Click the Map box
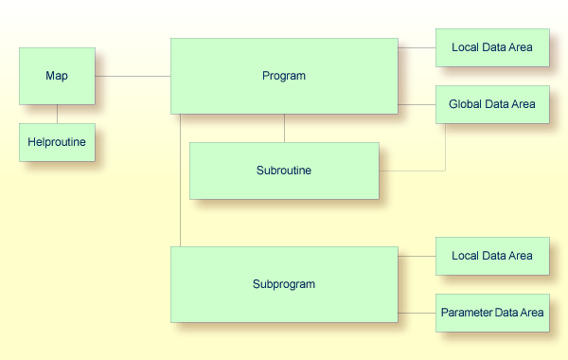57,76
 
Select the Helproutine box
57,142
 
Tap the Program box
284,76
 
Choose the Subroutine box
284,171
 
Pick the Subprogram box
284,283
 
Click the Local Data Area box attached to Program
492,47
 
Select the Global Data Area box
492,104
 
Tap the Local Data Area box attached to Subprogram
492,256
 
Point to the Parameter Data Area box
492,313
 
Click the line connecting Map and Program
133,76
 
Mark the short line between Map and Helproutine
57,114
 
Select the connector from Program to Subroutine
284,128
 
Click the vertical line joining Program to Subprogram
180,180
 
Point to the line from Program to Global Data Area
417,104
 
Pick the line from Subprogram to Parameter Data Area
417,313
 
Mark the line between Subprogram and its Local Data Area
417,256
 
